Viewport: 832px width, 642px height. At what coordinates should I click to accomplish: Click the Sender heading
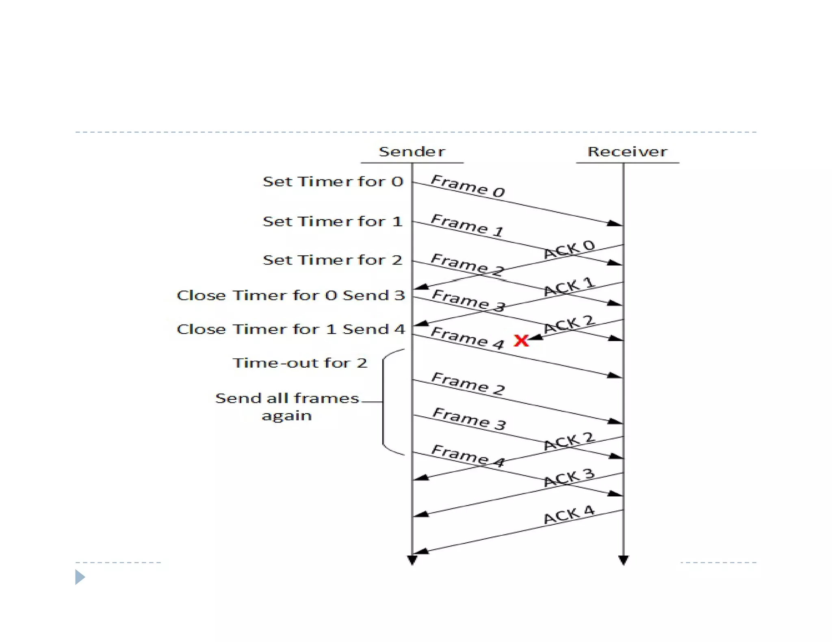point(412,152)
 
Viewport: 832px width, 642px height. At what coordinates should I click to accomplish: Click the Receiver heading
point(627,152)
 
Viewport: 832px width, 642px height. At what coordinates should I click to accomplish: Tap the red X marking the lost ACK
point(521,340)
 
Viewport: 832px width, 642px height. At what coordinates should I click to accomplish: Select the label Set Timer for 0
point(333,181)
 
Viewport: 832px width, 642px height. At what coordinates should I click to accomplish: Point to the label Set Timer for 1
point(332,222)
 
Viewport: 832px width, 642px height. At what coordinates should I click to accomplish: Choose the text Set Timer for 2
point(332,260)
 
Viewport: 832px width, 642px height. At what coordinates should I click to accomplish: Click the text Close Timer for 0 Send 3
point(291,295)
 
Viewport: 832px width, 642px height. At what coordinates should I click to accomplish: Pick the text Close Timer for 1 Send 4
point(291,329)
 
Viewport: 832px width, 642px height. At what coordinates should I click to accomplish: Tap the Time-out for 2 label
point(300,363)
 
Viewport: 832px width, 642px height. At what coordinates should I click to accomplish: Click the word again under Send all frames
point(287,416)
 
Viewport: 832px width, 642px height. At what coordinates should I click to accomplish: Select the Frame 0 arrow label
point(468,186)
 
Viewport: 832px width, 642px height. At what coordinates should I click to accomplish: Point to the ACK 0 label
point(569,249)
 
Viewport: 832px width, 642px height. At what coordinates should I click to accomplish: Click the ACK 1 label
point(569,286)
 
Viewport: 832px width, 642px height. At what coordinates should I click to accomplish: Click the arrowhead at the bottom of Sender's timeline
point(412,560)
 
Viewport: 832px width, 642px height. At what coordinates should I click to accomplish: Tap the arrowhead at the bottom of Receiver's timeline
point(623,560)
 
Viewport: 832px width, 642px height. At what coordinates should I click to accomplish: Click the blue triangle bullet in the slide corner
point(80,577)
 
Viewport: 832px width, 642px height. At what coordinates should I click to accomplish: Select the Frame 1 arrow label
point(467,225)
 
